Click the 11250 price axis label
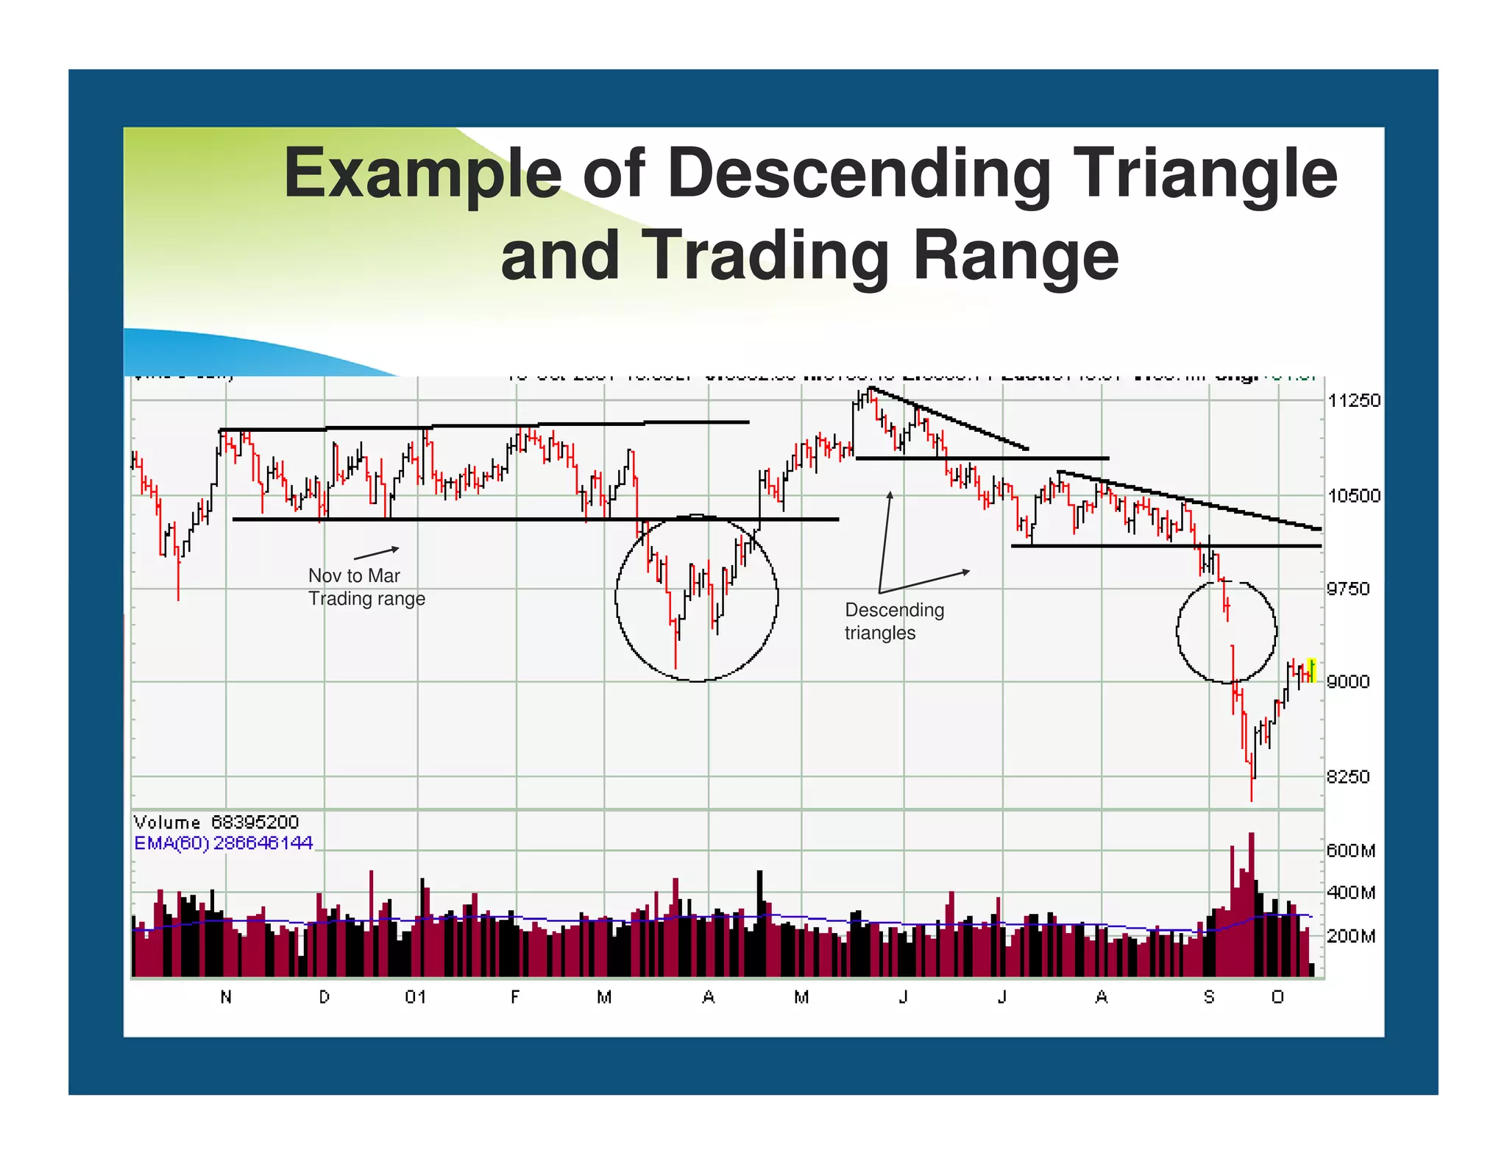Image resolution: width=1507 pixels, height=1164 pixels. point(1354,401)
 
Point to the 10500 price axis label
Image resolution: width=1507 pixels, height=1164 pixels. point(1354,496)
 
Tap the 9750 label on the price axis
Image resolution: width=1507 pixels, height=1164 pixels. point(1348,589)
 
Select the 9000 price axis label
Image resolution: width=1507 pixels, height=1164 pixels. point(1348,682)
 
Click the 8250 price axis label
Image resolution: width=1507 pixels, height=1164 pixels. point(1348,777)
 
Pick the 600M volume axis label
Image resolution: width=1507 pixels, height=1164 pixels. point(1351,851)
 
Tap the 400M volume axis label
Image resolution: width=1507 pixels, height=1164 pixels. point(1351,893)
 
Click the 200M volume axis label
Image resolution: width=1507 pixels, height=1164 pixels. point(1351,937)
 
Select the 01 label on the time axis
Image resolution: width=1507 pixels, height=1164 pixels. point(416,998)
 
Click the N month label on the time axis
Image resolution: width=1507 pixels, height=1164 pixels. point(226,998)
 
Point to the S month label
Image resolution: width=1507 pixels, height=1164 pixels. point(1209,998)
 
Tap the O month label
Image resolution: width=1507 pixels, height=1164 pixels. point(1277,998)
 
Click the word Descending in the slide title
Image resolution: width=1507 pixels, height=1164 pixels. point(859,175)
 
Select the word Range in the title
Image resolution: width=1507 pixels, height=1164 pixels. point(1015,256)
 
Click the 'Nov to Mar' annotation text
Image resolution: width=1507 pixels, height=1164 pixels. point(354,575)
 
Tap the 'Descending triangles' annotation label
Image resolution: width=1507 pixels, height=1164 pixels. point(894,621)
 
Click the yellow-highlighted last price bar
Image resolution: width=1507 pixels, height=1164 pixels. point(1311,670)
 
